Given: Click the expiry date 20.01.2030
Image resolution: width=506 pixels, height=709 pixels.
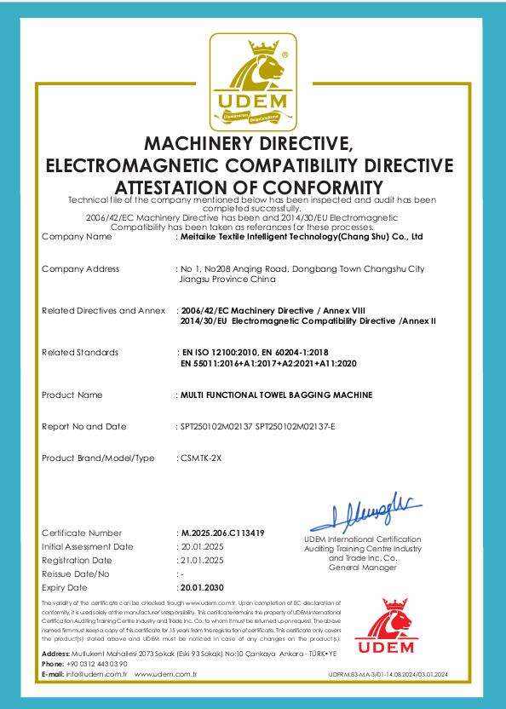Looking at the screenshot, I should pyautogui.click(x=201, y=587).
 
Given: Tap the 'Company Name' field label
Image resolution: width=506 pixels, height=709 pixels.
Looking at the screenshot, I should pyautogui.click(x=77, y=236).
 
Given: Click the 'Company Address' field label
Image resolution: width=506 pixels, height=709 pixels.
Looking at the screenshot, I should pyautogui.click(x=81, y=268).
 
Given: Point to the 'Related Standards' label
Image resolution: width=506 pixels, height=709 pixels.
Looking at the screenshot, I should pyautogui.click(x=80, y=352).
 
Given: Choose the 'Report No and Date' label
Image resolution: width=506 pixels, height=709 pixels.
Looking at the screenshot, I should pyautogui.click(x=83, y=426).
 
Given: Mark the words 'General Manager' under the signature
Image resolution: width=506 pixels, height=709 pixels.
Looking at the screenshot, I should pyautogui.click(x=350, y=567).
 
